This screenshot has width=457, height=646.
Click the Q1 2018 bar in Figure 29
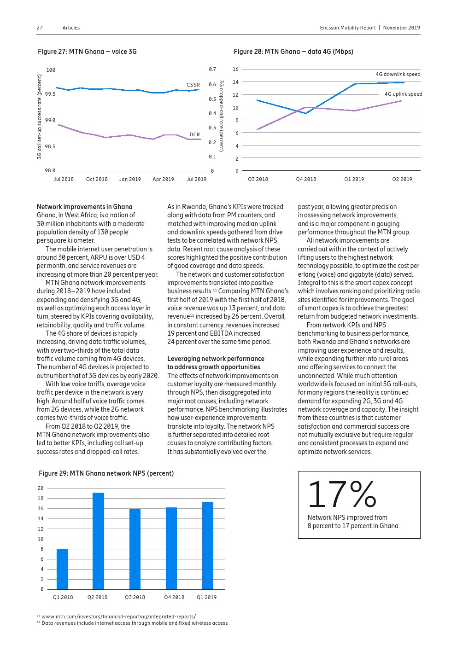pyautogui.click(x=62, y=569)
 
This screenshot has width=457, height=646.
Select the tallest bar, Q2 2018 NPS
pyautogui.click(x=98, y=541)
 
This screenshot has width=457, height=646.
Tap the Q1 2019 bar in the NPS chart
pyautogui.click(x=208, y=546)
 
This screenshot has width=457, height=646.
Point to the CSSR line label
pyautogui.click(x=193, y=85)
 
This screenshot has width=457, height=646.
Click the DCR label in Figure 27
pyautogui.click(x=195, y=135)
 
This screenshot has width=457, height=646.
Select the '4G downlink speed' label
pyautogui.click(x=398, y=74)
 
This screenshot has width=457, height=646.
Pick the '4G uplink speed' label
pyautogui.click(x=403, y=94)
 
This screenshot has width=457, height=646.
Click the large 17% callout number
pyautogui.click(x=342, y=495)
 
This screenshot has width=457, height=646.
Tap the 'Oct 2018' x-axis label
pyautogui.click(x=97, y=179)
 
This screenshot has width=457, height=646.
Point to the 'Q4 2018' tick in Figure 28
pyautogui.click(x=306, y=179)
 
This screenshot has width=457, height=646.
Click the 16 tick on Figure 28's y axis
pyautogui.click(x=235, y=69)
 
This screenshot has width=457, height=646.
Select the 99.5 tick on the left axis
pyautogui.click(x=50, y=94)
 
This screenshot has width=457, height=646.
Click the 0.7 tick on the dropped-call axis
pyautogui.click(x=212, y=70)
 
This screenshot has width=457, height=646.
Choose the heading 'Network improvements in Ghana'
pyautogui.click(x=84, y=207)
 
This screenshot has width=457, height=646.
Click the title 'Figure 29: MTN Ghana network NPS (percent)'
pyautogui.click(x=106, y=473)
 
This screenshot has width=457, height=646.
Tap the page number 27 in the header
pyautogui.click(x=40, y=28)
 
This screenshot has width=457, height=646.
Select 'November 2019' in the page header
pyautogui.click(x=401, y=28)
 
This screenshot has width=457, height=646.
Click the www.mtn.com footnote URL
pyautogui.click(x=118, y=617)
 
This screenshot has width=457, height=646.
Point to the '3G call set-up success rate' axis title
pyautogui.click(x=40, y=117)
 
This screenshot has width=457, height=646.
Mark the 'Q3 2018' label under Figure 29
pyautogui.click(x=135, y=597)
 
